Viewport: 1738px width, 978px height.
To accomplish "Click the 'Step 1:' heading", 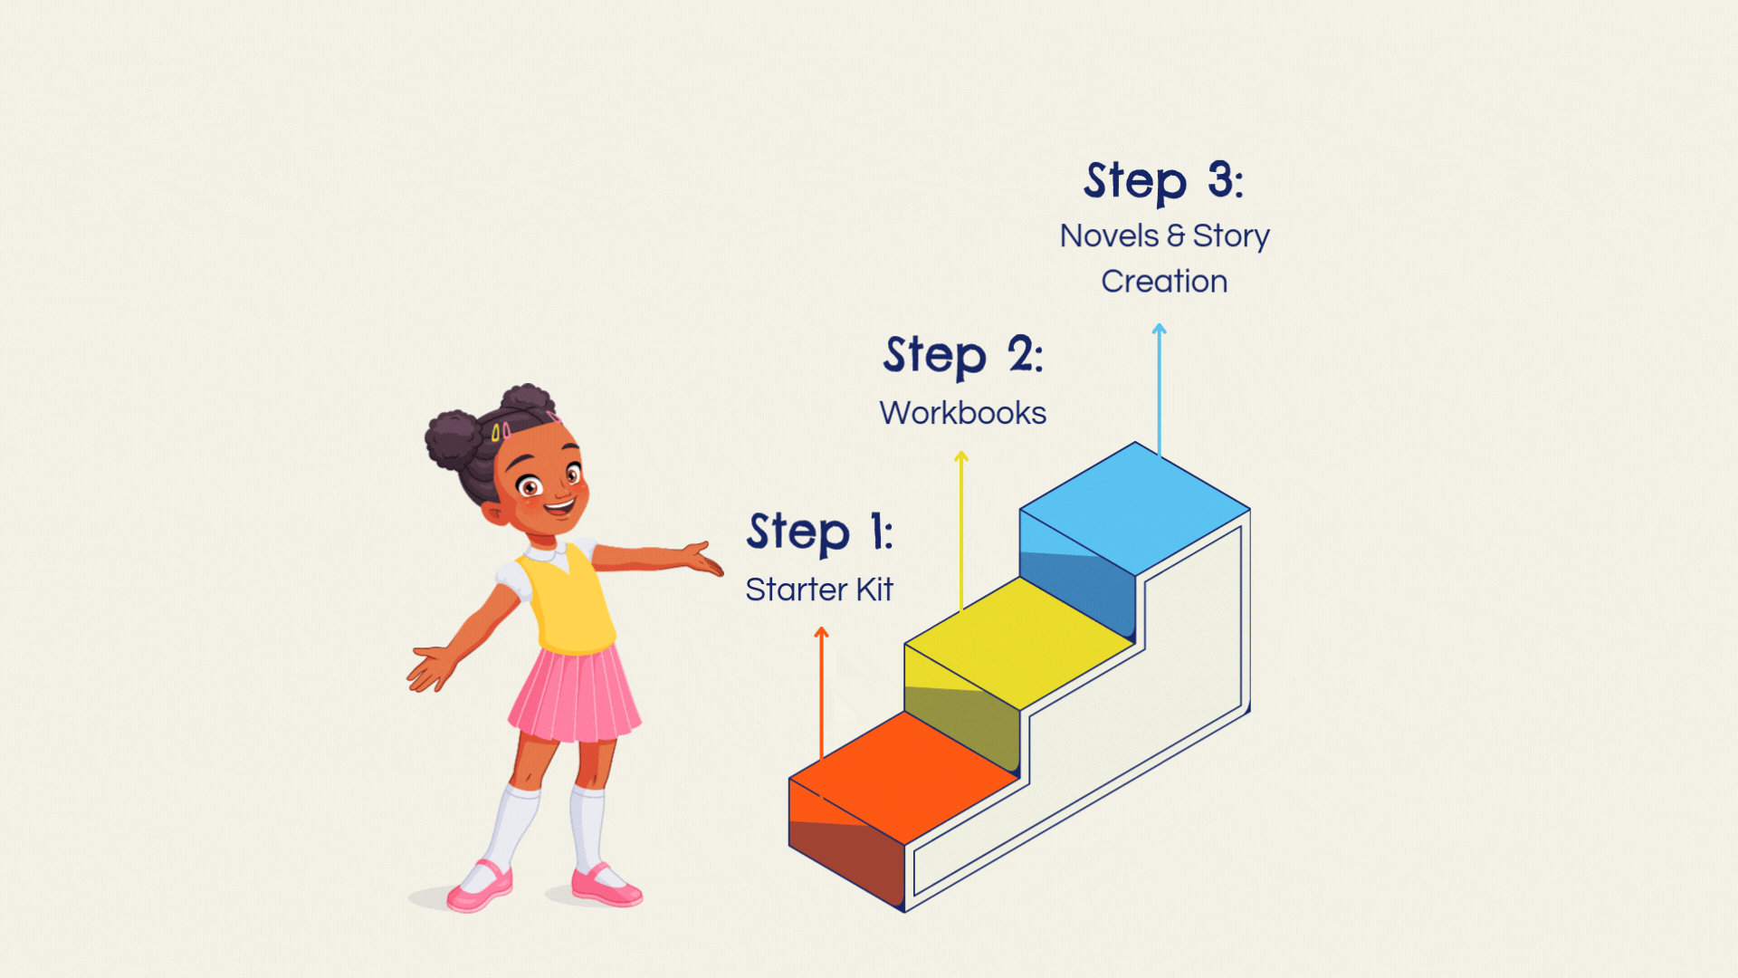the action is point(820,532).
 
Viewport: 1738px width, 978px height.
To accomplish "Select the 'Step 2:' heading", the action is point(963,355).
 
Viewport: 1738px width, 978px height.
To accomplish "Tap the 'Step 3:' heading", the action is point(1164,180).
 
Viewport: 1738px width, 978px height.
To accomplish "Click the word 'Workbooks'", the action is point(963,413).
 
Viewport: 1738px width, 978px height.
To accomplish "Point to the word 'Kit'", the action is point(874,590).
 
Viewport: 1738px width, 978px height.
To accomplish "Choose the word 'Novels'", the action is point(1109,235).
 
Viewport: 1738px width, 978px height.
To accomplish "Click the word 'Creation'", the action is point(1164,282).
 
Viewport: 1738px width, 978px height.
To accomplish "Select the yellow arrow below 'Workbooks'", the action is point(961,531).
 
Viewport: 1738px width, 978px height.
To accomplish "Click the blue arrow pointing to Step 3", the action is point(1159,390).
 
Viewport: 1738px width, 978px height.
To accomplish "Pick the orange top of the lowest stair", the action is point(903,778).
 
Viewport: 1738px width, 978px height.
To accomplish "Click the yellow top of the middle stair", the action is point(1019,644).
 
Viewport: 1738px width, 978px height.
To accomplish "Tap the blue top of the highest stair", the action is point(1135,509).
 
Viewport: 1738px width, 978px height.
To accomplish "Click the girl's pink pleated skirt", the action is point(575,694).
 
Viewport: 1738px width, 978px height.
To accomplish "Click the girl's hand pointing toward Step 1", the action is point(702,559).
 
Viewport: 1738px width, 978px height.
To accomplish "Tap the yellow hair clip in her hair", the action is point(496,433).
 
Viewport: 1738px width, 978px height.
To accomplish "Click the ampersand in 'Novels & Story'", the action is point(1176,236).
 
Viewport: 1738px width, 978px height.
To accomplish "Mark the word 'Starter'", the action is point(797,590).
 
